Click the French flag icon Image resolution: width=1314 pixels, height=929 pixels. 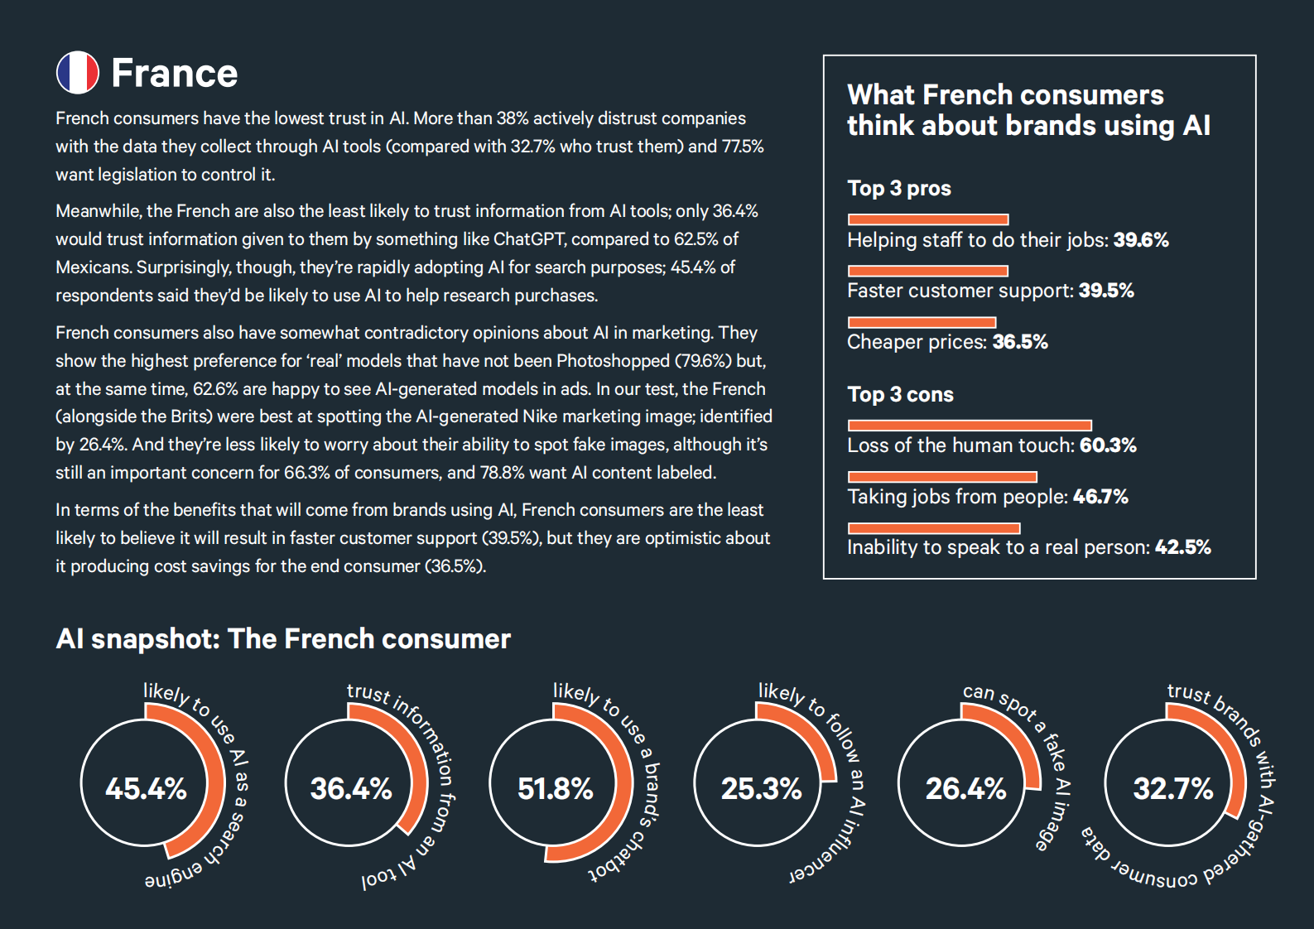(78, 73)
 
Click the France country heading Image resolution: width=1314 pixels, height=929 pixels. (175, 74)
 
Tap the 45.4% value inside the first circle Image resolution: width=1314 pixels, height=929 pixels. (146, 788)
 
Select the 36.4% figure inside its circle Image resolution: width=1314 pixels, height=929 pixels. (351, 788)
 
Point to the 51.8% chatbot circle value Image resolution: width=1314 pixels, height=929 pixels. (555, 788)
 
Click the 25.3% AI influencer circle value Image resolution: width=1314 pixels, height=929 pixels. (761, 788)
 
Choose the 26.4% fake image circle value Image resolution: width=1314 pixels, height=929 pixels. (965, 788)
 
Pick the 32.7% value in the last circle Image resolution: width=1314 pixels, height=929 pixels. (1172, 788)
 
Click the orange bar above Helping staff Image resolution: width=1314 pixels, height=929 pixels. (928, 219)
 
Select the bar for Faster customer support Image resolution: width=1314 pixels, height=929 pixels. (928, 271)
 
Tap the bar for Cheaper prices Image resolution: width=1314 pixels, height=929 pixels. (922, 322)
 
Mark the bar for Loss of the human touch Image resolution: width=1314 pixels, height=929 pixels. (970, 426)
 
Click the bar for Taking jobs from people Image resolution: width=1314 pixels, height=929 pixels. (942, 476)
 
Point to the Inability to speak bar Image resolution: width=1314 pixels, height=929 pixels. (934, 528)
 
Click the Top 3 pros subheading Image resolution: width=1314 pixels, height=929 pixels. (899, 189)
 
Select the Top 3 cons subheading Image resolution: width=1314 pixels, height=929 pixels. (901, 395)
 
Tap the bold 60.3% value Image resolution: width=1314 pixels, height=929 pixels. (1108, 445)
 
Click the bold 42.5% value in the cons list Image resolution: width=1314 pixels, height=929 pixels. (1182, 547)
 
